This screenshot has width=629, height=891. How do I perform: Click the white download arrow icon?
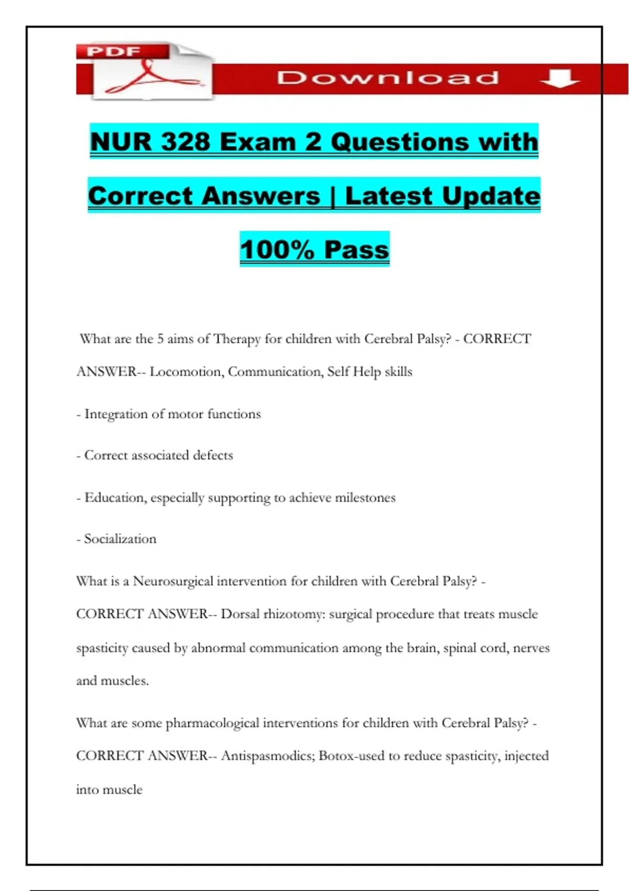click(x=559, y=79)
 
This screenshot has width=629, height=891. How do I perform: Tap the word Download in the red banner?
click(x=388, y=78)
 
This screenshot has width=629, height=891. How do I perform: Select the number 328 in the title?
click(x=186, y=142)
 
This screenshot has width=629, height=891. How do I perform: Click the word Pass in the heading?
click(x=356, y=249)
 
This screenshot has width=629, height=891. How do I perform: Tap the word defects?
click(x=212, y=455)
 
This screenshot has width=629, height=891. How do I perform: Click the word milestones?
click(x=365, y=497)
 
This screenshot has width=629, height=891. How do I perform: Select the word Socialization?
click(x=120, y=539)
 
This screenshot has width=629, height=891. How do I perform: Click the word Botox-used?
click(x=351, y=756)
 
